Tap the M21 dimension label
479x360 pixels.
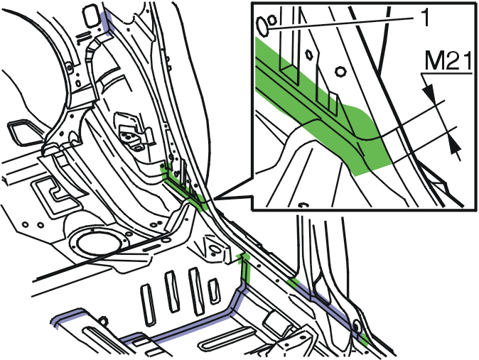click(448, 61)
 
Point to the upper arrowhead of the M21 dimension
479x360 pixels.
click(429, 92)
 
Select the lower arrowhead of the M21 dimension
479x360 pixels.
click(455, 144)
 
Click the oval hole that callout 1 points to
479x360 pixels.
click(262, 26)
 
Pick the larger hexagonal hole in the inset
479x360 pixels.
click(340, 72)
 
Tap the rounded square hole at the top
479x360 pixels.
click(92, 16)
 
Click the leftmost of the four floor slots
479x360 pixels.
click(148, 305)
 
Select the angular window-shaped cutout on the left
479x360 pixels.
click(22, 132)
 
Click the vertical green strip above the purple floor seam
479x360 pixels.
click(245, 268)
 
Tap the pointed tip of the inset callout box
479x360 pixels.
click(214, 199)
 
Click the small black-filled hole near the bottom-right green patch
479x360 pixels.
click(356, 326)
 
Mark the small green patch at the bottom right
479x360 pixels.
click(365, 338)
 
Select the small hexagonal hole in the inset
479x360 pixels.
click(308, 55)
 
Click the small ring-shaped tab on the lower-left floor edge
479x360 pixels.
click(103, 322)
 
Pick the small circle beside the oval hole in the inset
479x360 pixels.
click(272, 21)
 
